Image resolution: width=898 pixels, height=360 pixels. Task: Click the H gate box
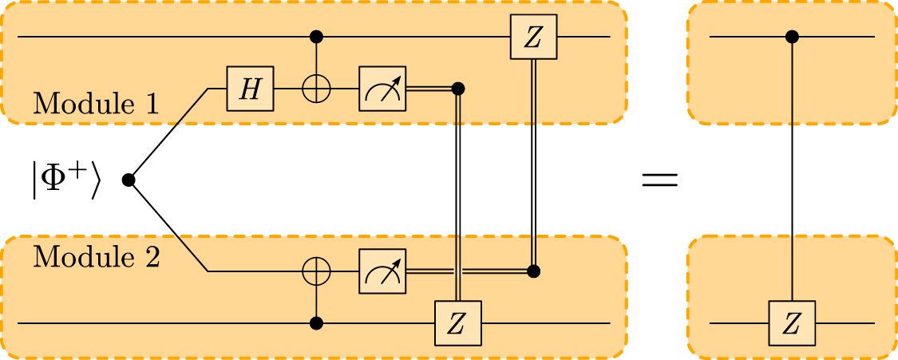point(251,88)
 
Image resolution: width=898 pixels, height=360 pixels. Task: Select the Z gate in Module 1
point(533,37)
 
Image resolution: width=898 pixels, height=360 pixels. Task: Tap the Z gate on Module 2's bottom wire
point(457,323)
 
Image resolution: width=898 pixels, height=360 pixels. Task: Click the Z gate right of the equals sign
point(792,323)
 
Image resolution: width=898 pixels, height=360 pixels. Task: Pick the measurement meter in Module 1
point(382,88)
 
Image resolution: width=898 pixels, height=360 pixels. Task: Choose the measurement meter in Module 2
point(382,271)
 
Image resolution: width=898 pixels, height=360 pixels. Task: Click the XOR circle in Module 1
point(317,88)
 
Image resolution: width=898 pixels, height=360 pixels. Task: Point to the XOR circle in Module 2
point(317,271)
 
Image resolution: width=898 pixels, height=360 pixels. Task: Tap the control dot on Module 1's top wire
point(317,37)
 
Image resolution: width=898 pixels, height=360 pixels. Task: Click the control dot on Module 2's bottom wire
point(317,323)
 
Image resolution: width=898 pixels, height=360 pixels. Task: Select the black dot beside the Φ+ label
point(128,180)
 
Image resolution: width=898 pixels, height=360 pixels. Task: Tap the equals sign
point(659,180)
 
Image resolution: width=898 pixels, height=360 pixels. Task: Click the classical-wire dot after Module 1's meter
point(457,88)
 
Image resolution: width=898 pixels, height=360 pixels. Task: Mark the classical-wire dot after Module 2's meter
point(533,271)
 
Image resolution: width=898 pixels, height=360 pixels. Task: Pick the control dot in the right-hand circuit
point(792,37)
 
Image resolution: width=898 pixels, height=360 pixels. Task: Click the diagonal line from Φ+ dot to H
point(168,134)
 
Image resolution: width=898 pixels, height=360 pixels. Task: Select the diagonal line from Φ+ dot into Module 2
point(168,226)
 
